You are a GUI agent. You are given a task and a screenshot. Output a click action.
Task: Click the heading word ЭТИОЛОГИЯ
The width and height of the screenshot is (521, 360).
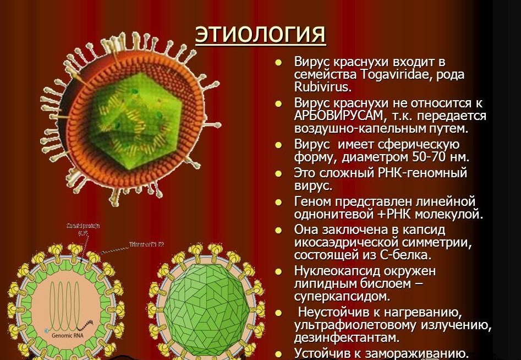pos(260,34)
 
